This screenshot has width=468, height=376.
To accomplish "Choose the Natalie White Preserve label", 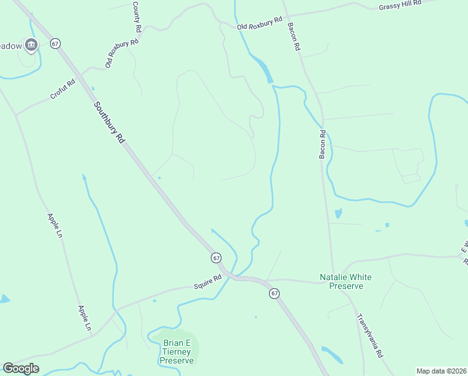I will [341, 281].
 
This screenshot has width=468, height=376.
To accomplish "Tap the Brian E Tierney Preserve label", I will [177, 352].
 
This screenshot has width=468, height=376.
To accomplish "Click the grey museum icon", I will [33, 44].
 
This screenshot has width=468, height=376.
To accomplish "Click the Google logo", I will [21, 368].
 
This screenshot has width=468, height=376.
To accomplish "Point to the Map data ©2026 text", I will [441, 371].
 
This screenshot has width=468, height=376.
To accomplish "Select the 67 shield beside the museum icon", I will [56, 44].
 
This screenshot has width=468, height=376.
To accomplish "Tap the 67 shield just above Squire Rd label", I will [216, 258].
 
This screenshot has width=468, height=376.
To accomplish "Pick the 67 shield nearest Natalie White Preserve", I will [274, 293].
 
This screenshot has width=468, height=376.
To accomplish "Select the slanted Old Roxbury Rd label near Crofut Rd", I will [121, 54].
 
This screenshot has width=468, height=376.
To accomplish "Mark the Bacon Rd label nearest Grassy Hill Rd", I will [293, 37].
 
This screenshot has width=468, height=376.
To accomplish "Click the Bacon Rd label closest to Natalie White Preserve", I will [323, 144].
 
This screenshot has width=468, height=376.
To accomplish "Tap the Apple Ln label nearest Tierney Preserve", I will [84, 318].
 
